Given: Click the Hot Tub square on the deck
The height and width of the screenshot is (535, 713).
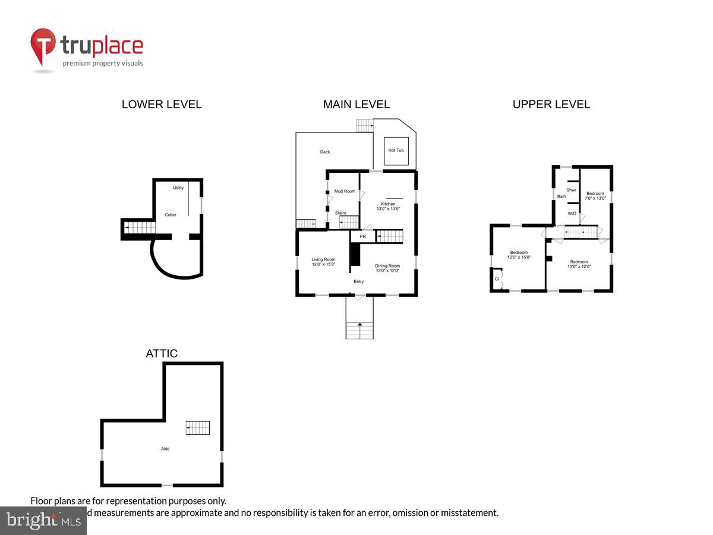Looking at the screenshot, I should pos(396,150).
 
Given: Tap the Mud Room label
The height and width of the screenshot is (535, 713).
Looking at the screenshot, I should pos(345,191).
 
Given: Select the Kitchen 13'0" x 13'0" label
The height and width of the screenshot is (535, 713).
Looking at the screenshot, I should pos(387,206).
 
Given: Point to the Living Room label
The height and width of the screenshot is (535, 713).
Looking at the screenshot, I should pos(323,262).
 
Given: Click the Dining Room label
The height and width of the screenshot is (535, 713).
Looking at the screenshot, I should pos(387,268).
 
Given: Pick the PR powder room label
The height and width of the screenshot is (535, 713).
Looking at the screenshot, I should pos(362,237).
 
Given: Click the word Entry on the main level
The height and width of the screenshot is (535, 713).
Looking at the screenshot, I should pos(359,281).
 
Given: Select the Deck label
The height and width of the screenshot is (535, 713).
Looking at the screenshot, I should pos(325,152).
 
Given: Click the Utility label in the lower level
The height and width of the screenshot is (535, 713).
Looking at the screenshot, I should pos(178,188).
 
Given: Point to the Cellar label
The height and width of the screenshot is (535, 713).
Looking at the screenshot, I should pos(171,215).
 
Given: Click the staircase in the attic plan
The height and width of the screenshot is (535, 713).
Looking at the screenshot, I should pos(198,427).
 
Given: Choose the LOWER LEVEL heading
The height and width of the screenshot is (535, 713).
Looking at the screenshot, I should pos(162,105).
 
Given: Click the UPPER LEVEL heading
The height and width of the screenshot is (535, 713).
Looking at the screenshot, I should pos(551,105).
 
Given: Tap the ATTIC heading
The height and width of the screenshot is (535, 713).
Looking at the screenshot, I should pos(162,354).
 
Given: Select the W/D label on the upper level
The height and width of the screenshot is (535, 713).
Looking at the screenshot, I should pos(572,213).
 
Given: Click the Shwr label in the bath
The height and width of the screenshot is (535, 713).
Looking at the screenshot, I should pos(571,190).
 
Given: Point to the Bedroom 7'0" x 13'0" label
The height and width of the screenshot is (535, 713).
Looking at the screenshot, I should pos(595,196).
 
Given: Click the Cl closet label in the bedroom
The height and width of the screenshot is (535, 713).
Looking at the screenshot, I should pos(497,279).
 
